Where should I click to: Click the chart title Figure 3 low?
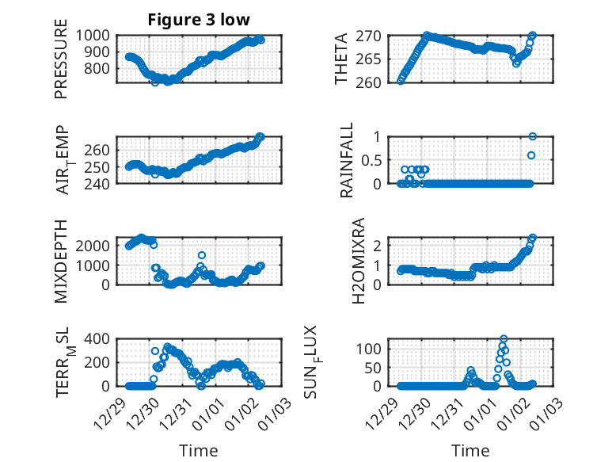(x=199, y=20)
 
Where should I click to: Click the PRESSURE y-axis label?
(x=61, y=66)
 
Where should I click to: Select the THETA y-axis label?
(x=341, y=59)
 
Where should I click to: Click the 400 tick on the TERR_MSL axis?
(x=99, y=339)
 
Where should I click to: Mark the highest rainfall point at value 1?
(x=532, y=136)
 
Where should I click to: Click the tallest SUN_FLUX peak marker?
(x=504, y=339)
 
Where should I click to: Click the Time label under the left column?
(x=199, y=451)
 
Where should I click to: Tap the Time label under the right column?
(x=470, y=451)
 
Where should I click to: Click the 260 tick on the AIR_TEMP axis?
(x=100, y=151)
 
